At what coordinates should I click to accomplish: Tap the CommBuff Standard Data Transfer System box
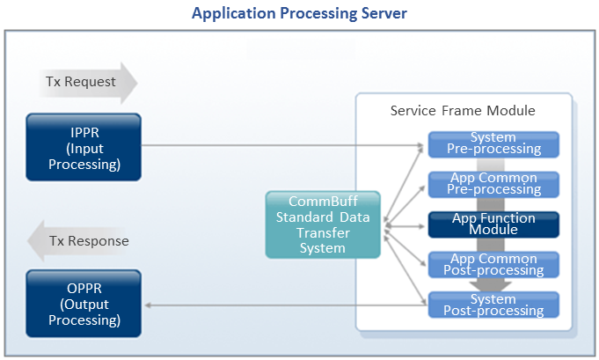click(x=323, y=224)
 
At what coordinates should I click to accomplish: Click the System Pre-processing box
click(x=493, y=144)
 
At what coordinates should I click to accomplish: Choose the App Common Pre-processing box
click(x=493, y=183)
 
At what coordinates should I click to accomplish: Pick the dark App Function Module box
click(x=493, y=224)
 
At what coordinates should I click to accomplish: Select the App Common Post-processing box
click(x=493, y=263)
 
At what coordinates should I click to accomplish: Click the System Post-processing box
click(x=493, y=305)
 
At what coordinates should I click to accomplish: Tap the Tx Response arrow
click(x=87, y=241)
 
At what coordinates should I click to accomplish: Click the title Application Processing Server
click(x=299, y=14)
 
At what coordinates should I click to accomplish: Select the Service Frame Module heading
click(x=463, y=111)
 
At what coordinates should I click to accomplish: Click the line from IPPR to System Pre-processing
click(x=281, y=145)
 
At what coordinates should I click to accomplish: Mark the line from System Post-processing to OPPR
click(x=281, y=305)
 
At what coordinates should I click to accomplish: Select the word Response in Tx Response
click(x=99, y=241)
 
